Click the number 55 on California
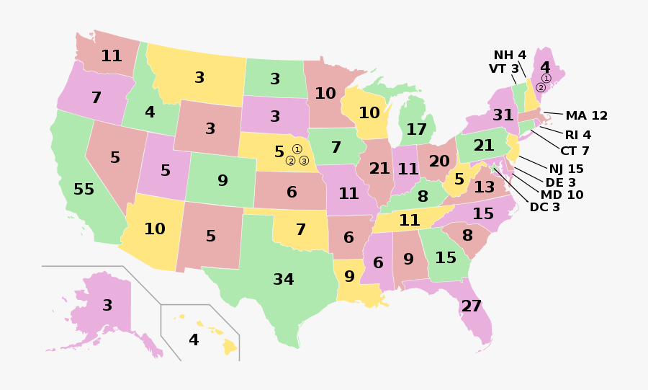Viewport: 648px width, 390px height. pos(84,190)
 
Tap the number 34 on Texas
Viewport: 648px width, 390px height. pos(284,280)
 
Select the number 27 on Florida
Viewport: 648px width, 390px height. pos(471,306)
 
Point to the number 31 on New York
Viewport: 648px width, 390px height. pos(503,115)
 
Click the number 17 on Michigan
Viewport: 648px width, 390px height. pos(416,130)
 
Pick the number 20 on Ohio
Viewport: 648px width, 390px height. pos(439,161)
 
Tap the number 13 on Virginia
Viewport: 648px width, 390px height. pos(484,187)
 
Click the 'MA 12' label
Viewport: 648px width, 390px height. pos(586,115)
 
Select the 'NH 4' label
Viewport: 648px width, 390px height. pos(510,56)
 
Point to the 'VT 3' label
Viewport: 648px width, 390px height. pos(504,68)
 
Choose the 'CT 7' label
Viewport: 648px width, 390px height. pos(575,151)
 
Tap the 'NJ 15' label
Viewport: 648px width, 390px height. pos(566,169)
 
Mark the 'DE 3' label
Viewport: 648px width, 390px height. pos(561,182)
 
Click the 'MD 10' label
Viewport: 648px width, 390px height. pos(562,195)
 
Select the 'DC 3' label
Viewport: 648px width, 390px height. pos(544,207)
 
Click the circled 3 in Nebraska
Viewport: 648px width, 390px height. pos(304,161)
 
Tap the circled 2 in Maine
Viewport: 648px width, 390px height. pos(540,88)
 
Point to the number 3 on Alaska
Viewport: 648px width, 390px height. pos(107,306)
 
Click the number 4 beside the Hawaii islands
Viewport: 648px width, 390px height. pos(194,340)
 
